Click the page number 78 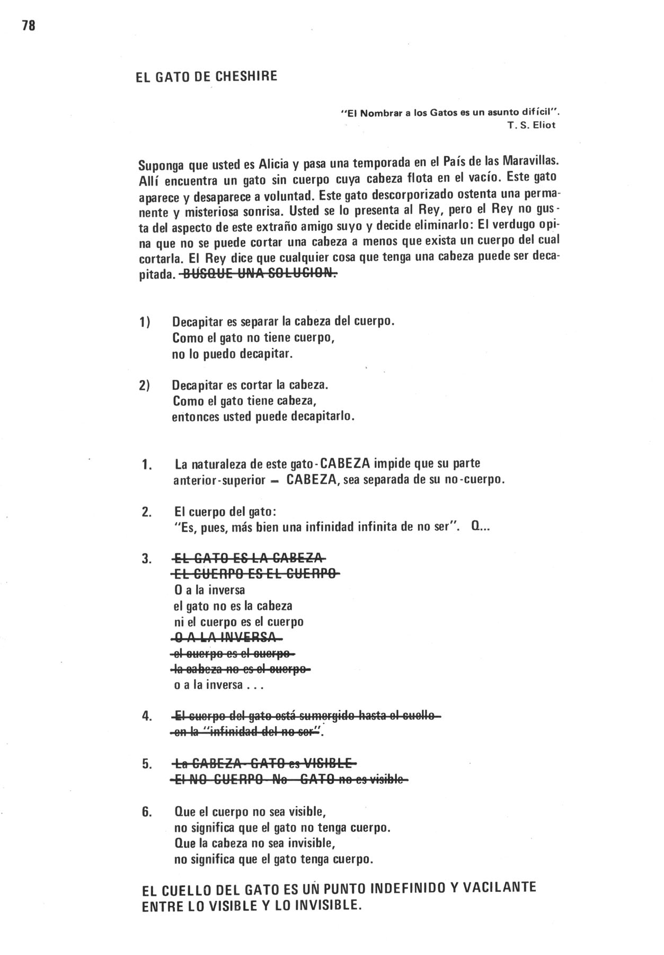[x=29, y=25]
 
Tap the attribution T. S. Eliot [x=531, y=126]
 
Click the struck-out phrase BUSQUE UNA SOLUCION [x=259, y=274]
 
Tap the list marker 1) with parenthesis [x=145, y=322]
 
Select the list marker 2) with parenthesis [x=145, y=385]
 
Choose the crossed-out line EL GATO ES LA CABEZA [x=248, y=558]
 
